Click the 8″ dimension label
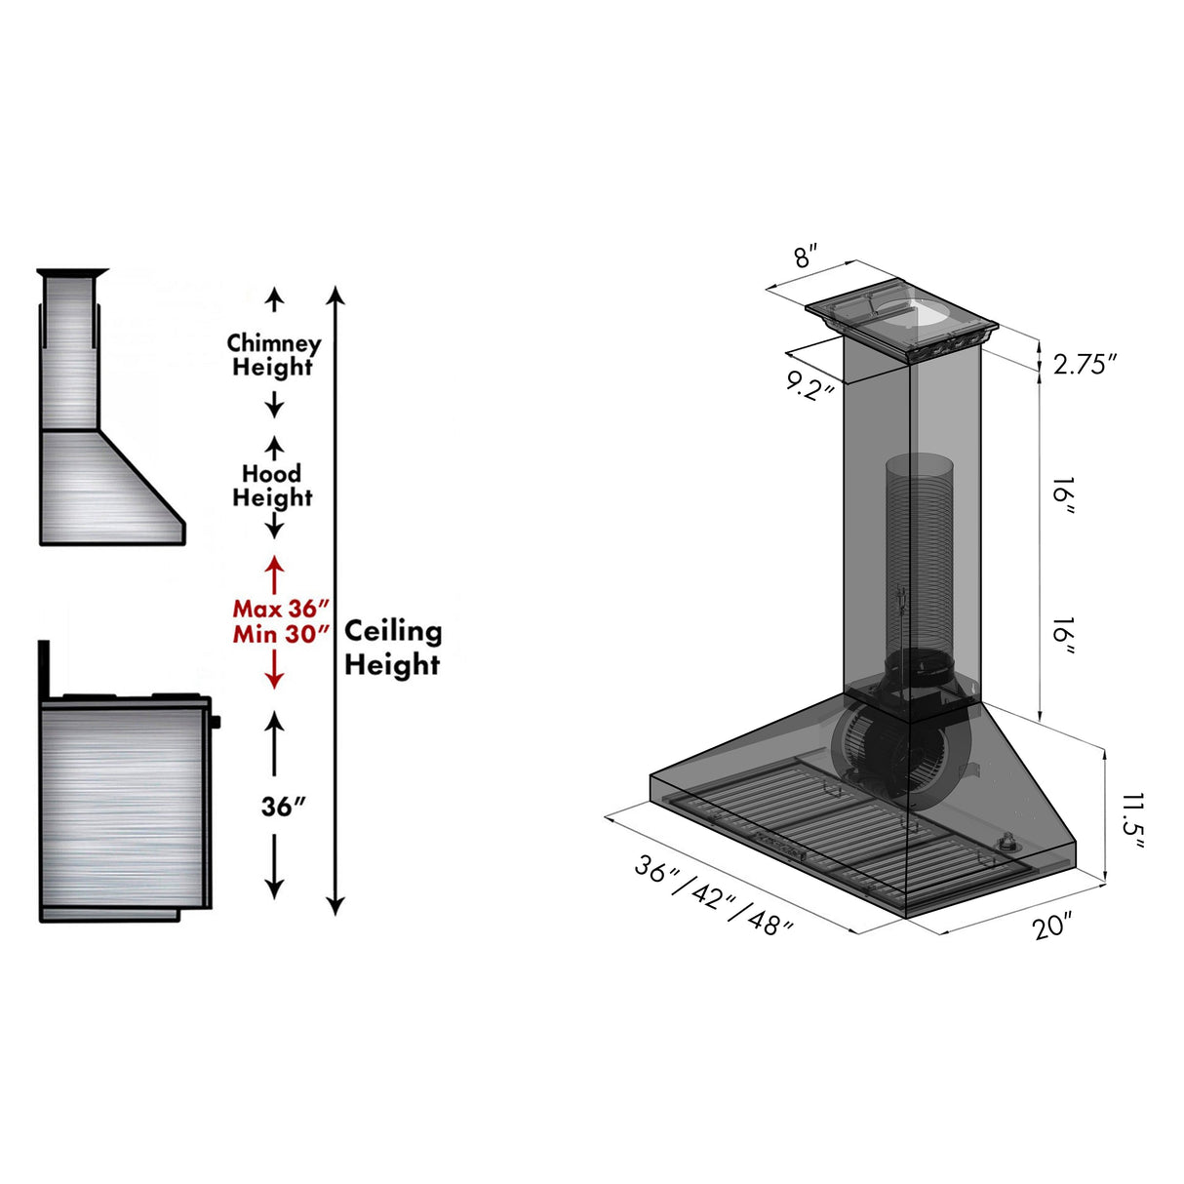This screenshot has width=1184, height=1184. (x=803, y=257)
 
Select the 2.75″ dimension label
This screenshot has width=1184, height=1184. (x=1083, y=364)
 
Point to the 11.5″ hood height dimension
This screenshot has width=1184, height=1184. (x=1131, y=821)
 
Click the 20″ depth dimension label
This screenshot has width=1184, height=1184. (x=1052, y=925)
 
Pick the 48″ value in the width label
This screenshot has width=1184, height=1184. (x=770, y=922)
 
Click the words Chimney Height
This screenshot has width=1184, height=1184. (x=273, y=355)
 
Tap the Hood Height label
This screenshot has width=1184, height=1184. (x=272, y=485)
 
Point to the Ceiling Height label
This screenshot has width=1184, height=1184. (x=392, y=648)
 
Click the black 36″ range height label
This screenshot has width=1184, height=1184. (x=283, y=807)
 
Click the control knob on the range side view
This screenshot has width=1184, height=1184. (x=215, y=722)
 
